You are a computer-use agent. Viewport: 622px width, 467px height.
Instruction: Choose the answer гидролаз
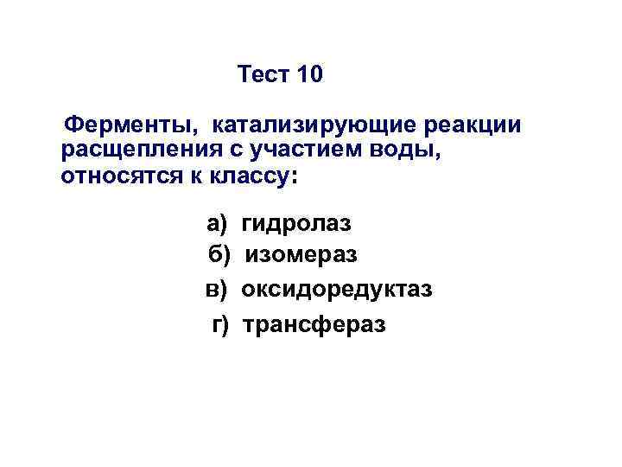[x=296, y=225]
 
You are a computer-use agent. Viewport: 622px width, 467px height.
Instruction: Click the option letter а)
[x=216, y=225]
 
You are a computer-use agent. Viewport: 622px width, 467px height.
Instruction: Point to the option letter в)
[x=216, y=288]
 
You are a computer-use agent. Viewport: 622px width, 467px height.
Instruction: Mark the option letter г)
[x=221, y=324]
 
